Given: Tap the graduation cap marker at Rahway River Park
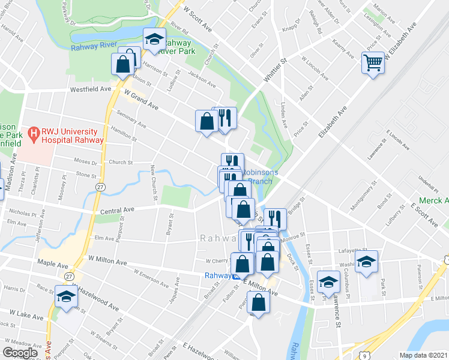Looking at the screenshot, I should (154, 40).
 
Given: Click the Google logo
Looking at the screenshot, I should (20, 353).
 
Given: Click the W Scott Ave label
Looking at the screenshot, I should (199, 19).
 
